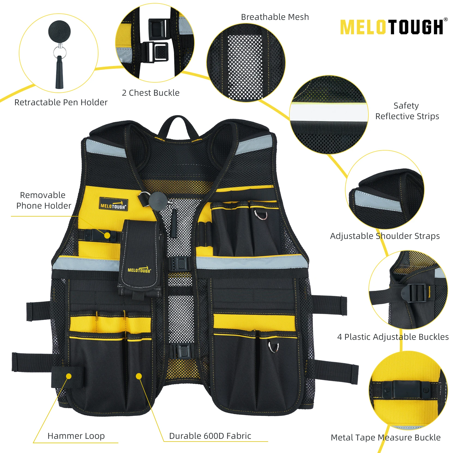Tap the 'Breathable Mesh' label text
pyautogui.click(x=275, y=17)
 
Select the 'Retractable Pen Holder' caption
pyautogui.click(x=61, y=102)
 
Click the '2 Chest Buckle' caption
pyautogui.click(x=151, y=93)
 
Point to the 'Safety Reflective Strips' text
pyautogui.click(x=407, y=111)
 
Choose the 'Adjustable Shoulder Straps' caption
pyautogui.click(x=385, y=236)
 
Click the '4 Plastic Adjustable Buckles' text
pyautogui.click(x=393, y=337)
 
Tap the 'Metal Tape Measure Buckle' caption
pyautogui.click(x=386, y=437)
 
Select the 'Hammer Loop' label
pyautogui.click(x=76, y=436)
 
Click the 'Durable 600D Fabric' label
pyautogui.click(x=210, y=436)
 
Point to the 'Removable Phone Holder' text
pyautogui.click(x=43, y=200)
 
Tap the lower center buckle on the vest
pyautogui.click(x=182, y=351)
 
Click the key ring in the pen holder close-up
pyautogui.click(x=59, y=52)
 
